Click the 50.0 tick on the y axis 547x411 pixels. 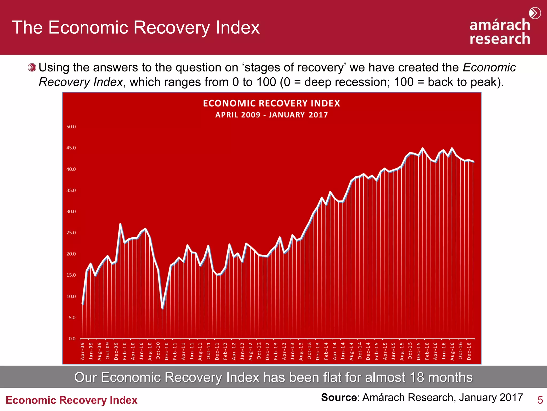(x=71, y=127)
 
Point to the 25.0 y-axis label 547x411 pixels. (x=71, y=233)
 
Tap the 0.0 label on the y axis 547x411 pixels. (x=72, y=339)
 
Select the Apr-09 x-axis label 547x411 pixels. (x=82, y=351)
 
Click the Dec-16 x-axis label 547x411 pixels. (x=469, y=351)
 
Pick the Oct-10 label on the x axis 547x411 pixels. (x=158, y=351)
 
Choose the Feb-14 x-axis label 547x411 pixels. (x=326, y=351)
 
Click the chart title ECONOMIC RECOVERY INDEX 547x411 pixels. (x=271, y=103)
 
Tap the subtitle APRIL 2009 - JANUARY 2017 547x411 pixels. (x=271, y=115)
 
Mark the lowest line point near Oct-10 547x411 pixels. (x=163, y=308)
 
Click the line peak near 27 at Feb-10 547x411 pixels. (x=120, y=224)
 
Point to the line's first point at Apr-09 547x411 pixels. (x=83, y=304)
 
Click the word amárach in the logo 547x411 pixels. (x=500, y=25)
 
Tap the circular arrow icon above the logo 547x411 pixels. (x=535, y=13)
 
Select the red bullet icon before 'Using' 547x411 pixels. (x=32, y=67)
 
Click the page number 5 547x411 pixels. (x=540, y=400)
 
